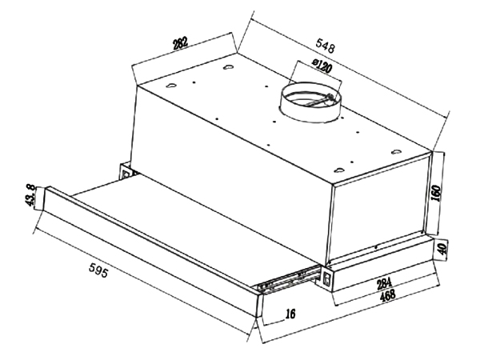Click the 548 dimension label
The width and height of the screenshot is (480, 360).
point(326,46)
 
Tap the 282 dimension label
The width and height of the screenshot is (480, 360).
point(180,43)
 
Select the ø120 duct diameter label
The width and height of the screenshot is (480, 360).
point(322,66)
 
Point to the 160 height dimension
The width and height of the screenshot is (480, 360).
point(436,193)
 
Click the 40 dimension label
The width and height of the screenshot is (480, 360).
point(442,248)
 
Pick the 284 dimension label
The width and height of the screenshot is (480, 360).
point(383,283)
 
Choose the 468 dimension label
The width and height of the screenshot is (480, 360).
point(387,295)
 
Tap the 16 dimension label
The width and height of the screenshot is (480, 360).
point(290,313)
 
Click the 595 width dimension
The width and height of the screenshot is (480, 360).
point(98,270)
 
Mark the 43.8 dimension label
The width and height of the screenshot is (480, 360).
point(30,196)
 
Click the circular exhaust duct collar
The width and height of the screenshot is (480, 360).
point(310,101)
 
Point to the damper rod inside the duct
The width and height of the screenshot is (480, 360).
point(319,102)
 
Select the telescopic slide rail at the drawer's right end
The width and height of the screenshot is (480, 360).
point(288,280)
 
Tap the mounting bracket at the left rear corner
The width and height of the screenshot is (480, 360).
point(127,172)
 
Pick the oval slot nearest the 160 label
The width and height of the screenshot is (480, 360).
point(397,151)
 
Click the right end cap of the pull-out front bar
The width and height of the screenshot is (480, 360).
point(259,306)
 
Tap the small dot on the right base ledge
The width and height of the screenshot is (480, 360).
point(376,246)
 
